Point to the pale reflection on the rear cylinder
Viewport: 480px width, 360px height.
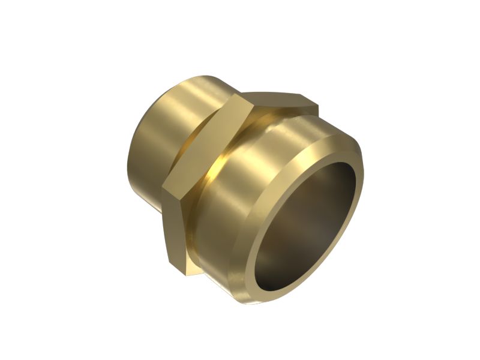(180, 108)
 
